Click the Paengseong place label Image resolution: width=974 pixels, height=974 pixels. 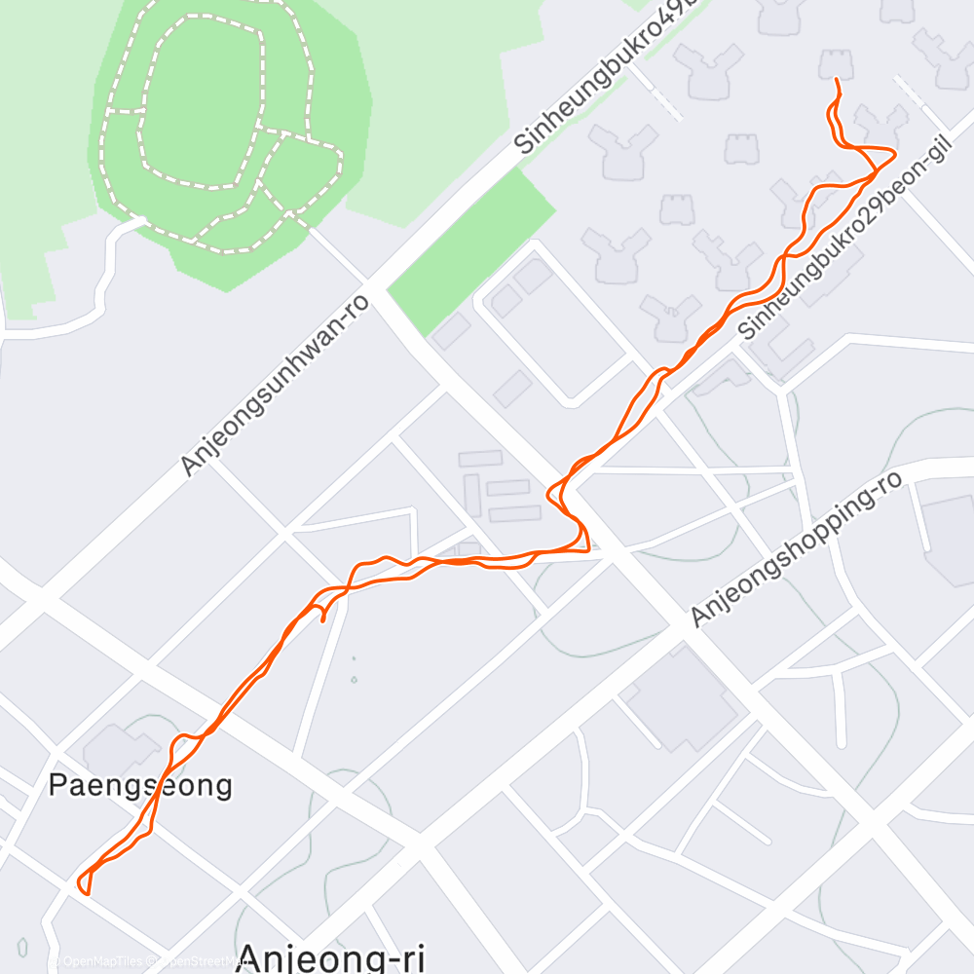point(141,785)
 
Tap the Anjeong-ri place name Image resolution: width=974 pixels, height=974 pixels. point(331,957)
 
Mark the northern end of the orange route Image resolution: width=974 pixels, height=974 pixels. point(837,80)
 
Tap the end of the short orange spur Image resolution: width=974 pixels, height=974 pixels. point(322,618)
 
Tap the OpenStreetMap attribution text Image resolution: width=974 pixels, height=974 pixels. point(195,961)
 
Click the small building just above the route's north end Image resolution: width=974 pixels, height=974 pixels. point(838,63)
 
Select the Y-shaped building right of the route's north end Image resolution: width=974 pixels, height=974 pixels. point(882,127)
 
